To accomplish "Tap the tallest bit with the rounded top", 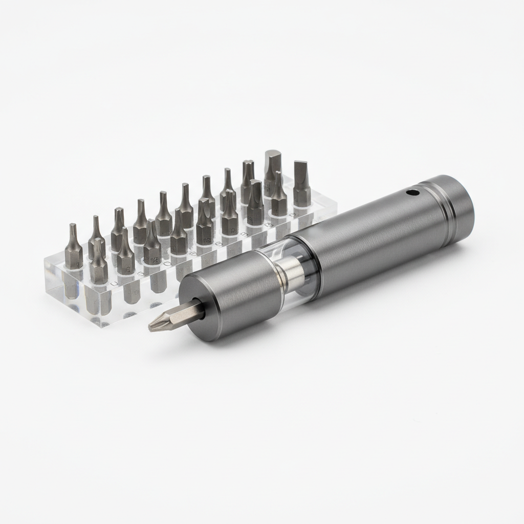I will click(x=272, y=169).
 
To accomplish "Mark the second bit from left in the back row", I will click(x=96, y=236).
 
